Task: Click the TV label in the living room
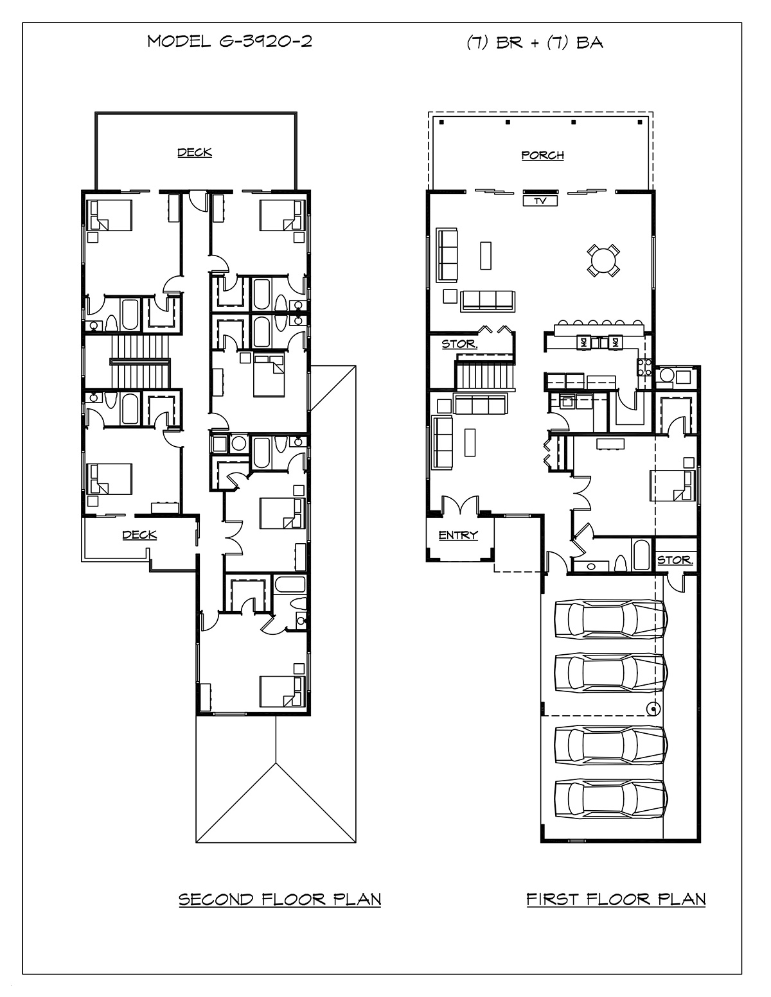point(540,201)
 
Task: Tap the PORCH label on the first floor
point(543,155)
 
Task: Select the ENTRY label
point(458,535)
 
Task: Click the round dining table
point(603,261)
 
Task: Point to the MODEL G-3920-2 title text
point(229,42)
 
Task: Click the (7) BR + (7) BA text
point(535,42)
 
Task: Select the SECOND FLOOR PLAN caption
point(280,899)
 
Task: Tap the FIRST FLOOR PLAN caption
point(616,899)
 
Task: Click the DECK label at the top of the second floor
point(195,152)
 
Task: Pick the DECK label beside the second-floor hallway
point(139,535)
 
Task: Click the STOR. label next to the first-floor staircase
point(459,344)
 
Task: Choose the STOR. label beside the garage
point(675,560)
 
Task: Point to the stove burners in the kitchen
point(644,367)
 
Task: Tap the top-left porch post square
point(441,123)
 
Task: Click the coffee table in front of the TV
point(485,256)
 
